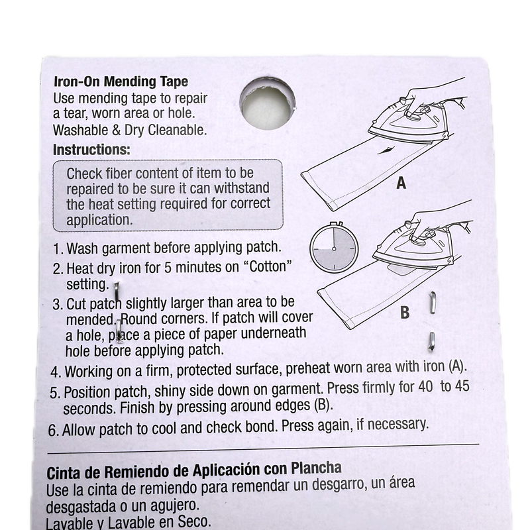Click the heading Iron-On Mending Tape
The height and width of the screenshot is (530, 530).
[x=121, y=81]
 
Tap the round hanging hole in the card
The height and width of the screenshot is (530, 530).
[x=268, y=104]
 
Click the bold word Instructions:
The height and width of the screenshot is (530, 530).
[x=91, y=150]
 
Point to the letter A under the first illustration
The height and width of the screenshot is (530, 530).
[x=401, y=183]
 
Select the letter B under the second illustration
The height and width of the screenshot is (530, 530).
[x=405, y=312]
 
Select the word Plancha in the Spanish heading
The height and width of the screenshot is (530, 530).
[x=316, y=468]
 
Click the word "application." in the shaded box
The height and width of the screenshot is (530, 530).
[x=99, y=221]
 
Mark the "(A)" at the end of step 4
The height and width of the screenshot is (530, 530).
[x=457, y=366]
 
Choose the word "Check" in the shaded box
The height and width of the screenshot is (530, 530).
[x=84, y=174]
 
